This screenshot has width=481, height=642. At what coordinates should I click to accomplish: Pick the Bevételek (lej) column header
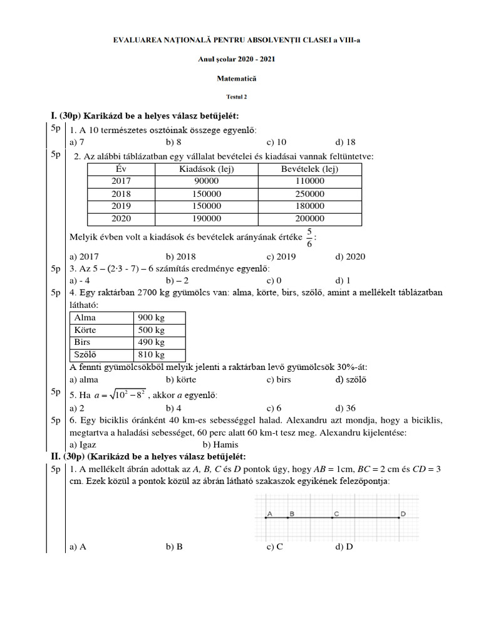point(309,169)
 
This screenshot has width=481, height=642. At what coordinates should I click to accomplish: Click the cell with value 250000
point(309,194)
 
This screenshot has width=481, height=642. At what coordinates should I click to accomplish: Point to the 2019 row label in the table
point(122,206)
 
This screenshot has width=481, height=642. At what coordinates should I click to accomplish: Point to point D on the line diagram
point(400,517)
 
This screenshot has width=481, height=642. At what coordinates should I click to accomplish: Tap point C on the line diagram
point(336,517)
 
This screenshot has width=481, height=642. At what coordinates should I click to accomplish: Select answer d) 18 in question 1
point(345,142)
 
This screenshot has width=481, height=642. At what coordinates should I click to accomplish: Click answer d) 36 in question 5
point(345,408)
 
